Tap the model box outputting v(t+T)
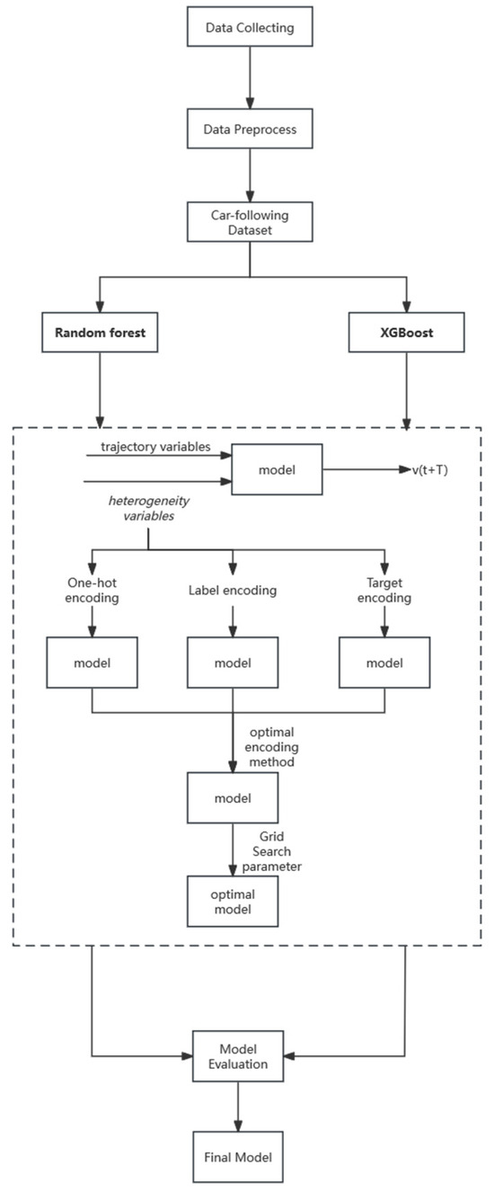pyautogui.click(x=278, y=467)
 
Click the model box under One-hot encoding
pyautogui.click(x=92, y=663)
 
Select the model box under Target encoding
pyautogui.click(x=384, y=663)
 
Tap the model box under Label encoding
pyautogui.click(x=234, y=663)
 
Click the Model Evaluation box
pyautogui.click(x=236, y=1056)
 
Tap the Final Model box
pyautogui.click(x=236, y=1152)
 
